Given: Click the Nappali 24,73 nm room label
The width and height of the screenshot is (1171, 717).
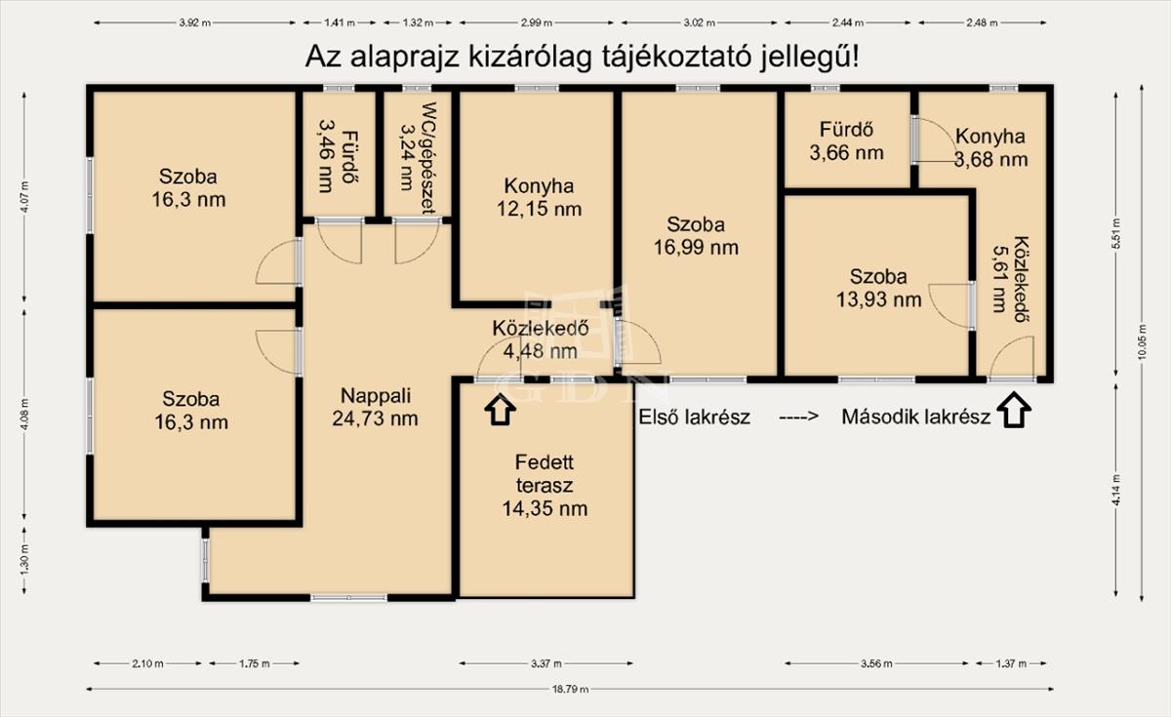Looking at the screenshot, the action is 376,407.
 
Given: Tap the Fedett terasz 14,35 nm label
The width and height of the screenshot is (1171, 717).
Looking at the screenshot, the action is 545,485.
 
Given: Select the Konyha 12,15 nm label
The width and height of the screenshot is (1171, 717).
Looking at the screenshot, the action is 539,197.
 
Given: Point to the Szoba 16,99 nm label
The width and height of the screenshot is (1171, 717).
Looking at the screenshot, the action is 696,236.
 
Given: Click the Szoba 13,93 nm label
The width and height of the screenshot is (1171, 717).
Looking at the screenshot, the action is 879,288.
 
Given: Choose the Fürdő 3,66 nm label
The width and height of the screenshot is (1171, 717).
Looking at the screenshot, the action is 847,140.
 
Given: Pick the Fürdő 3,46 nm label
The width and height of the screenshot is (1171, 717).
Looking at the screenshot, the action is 338,156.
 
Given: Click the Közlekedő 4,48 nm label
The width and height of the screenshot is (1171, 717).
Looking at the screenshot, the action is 541,339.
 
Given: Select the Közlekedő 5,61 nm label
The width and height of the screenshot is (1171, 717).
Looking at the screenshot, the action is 1010,280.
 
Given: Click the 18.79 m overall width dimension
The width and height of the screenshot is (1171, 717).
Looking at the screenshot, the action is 570,690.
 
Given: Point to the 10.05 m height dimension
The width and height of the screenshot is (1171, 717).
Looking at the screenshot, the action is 1142,342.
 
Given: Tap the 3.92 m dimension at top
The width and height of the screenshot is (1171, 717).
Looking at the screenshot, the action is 195,22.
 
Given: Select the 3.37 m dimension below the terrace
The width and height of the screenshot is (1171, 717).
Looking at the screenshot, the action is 546,663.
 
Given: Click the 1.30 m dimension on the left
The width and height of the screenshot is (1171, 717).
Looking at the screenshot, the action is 24,560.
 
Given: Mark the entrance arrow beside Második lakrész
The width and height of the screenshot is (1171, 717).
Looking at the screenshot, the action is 1014,411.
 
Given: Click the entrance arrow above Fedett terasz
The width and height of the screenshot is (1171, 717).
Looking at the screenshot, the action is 501,409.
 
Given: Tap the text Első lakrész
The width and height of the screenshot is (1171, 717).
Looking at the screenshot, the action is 694,418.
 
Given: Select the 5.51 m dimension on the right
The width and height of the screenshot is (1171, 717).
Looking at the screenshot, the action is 1116,234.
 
